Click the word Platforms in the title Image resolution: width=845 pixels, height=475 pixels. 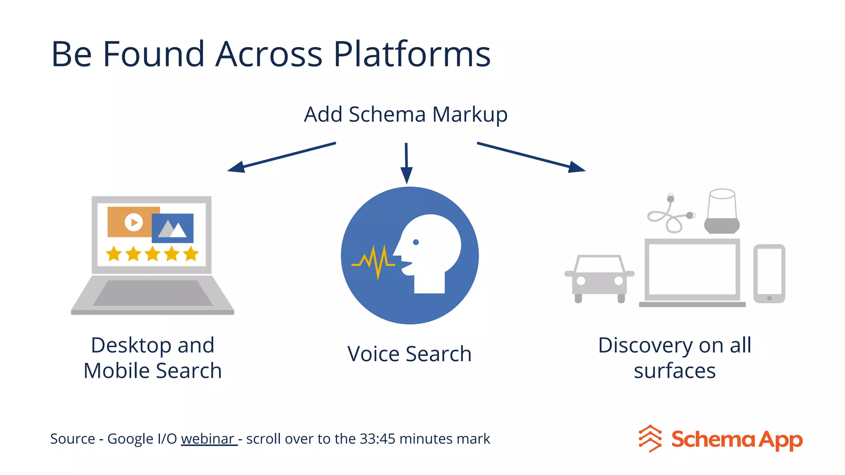(x=412, y=54)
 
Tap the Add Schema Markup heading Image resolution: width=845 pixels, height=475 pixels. (x=406, y=115)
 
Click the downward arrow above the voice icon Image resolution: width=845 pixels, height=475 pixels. (x=406, y=163)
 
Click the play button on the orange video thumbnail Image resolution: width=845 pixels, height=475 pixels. (x=134, y=223)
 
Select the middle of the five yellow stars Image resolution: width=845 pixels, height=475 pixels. (x=152, y=254)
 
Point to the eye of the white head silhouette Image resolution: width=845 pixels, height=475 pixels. (x=416, y=242)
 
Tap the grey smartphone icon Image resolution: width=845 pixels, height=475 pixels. (x=769, y=274)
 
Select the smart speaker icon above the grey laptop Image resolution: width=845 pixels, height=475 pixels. (x=722, y=211)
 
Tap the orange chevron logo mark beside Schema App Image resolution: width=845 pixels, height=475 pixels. (x=650, y=439)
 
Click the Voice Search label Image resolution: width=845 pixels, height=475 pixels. (x=409, y=354)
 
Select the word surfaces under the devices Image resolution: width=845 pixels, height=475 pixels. (x=675, y=371)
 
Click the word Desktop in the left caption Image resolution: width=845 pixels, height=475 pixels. (x=131, y=345)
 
